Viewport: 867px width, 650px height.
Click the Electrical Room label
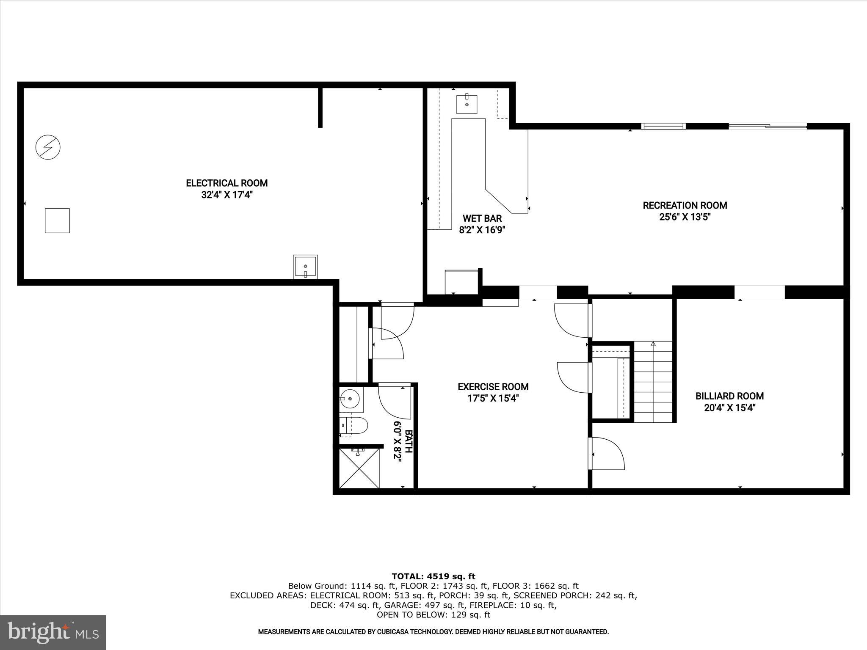(x=226, y=183)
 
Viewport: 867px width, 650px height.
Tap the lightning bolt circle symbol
(x=48, y=147)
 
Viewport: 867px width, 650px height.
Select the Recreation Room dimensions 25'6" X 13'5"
(x=685, y=217)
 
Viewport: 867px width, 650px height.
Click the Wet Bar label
(x=482, y=218)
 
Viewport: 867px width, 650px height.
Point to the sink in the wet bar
(x=467, y=104)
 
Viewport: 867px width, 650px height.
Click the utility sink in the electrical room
(x=305, y=267)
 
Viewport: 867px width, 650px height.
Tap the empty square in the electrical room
(x=57, y=220)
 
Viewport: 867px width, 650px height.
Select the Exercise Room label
(x=493, y=386)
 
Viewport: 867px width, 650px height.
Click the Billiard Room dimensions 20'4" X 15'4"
(x=729, y=408)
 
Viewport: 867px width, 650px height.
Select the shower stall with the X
(x=359, y=468)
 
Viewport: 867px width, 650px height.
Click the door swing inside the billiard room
(x=607, y=454)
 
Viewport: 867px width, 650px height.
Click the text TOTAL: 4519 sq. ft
(x=433, y=576)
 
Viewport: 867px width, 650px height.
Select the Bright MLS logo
(x=53, y=632)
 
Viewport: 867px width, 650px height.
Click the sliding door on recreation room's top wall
(x=767, y=126)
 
